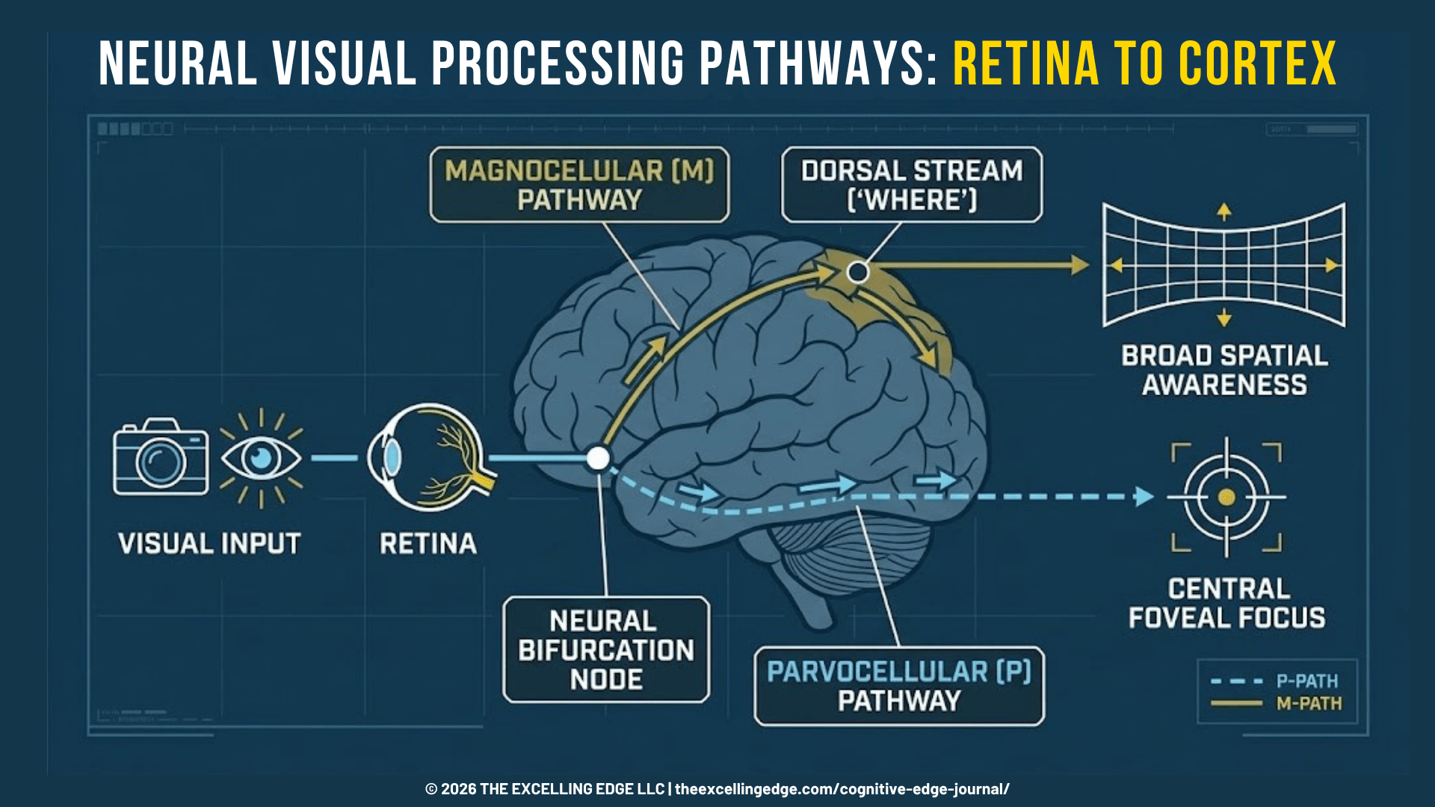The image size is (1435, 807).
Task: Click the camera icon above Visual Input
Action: click(x=161, y=457)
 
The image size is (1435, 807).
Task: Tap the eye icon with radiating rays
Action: click(x=261, y=457)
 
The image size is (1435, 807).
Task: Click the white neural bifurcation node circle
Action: click(x=598, y=458)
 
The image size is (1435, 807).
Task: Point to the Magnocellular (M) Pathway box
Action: click(x=579, y=185)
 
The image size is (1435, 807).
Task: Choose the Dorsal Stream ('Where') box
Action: click(x=912, y=185)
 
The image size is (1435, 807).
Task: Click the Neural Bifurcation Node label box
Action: click(x=606, y=649)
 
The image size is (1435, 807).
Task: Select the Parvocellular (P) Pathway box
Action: click(x=899, y=686)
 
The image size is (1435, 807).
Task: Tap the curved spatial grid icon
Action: click(x=1224, y=265)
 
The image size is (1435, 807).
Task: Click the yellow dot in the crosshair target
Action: click(x=1226, y=497)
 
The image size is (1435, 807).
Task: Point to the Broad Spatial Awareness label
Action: click(x=1225, y=370)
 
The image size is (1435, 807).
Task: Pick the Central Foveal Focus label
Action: click(x=1227, y=603)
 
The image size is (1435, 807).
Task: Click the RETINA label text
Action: click(x=428, y=543)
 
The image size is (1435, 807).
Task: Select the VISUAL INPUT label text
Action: click(x=209, y=543)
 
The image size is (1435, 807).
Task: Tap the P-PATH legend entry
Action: click(x=1276, y=681)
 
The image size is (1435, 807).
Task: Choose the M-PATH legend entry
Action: click(x=1276, y=703)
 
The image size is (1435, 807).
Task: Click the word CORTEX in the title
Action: click(x=1257, y=64)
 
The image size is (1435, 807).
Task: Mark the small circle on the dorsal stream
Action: click(x=858, y=272)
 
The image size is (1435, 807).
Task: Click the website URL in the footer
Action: click(x=842, y=789)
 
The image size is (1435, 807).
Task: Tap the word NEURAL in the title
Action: click(x=178, y=64)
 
